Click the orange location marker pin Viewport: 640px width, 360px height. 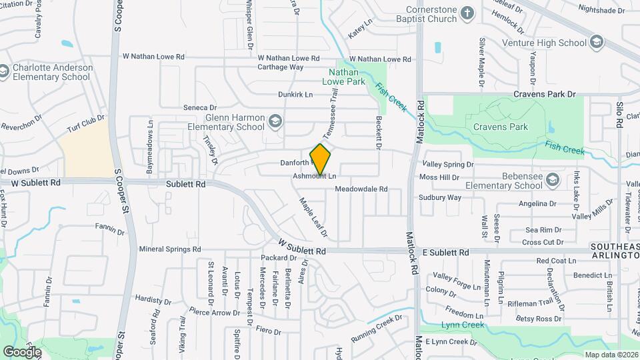(x=321, y=159)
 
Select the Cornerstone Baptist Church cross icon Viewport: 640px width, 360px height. (x=468, y=13)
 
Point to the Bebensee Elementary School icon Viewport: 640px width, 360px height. (x=553, y=180)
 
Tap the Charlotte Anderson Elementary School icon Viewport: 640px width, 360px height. (x=4, y=71)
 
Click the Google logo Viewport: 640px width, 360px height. (x=21, y=351)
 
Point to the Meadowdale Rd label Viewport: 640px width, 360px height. (x=361, y=189)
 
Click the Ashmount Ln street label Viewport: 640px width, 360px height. (x=313, y=176)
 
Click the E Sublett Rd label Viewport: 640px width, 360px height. (x=446, y=253)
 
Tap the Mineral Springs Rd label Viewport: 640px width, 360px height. (x=170, y=249)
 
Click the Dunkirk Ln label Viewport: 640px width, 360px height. (x=295, y=95)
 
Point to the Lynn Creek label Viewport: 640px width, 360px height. (x=459, y=325)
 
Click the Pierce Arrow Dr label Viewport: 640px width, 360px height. (x=213, y=312)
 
